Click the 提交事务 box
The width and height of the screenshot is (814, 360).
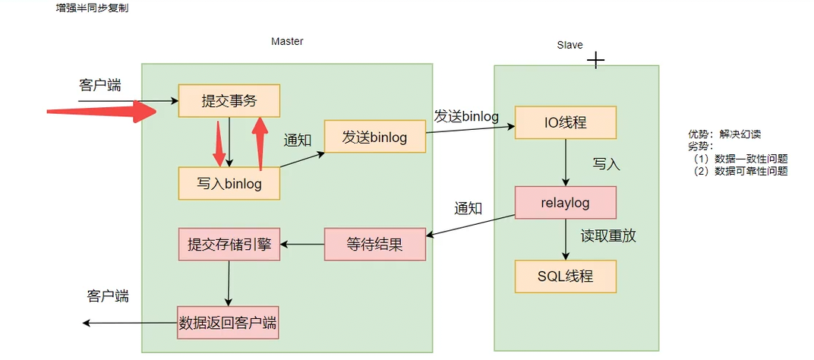pyautogui.click(x=229, y=100)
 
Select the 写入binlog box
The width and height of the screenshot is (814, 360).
pyautogui.click(x=229, y=184)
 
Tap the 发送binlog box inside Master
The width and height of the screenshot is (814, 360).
pyautogui.click(x=374, y=137)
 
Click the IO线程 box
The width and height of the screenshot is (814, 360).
pyautogui.click(x=565, y=122)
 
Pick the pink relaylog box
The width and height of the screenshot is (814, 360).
pyautogui.click(x=565, y=203)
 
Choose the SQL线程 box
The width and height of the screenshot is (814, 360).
pyautogui.click(x=565, y=276)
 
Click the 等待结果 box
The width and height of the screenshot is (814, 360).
pyautogui.click(x=374, y=245)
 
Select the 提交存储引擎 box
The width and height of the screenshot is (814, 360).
pyautogui.click(x=229, y=245)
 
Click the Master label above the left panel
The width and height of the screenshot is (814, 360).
pyautogui.click(x=287, y=42)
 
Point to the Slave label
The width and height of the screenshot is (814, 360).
pyautogui.click(x=569, y=45)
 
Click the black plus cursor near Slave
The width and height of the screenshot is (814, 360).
pyautogui.click(x=596, y=61)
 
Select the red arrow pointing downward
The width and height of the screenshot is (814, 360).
pyautogui.click(x=219, y=144)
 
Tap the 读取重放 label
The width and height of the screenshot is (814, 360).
pyautogui.click(x=608, y=236)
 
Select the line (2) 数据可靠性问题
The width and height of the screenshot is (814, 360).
pyautogui.click(x=740, y=172)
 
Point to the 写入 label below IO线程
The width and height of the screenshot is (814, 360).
pyautogui.click(x=607, y=164)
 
